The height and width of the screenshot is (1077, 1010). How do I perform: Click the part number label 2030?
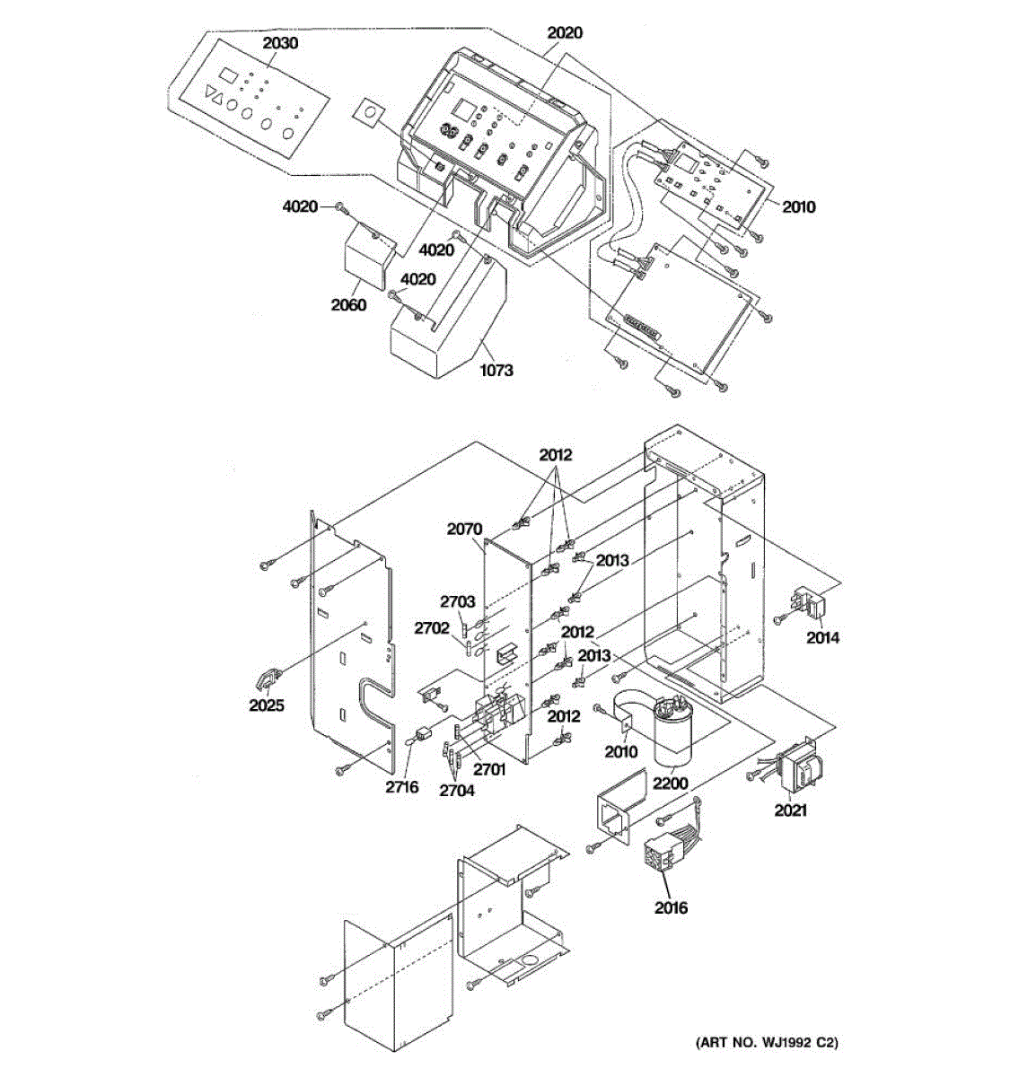coord(280,43)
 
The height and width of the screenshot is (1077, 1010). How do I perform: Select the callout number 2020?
coord(565,33)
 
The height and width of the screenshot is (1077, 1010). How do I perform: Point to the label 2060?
coord(348,305)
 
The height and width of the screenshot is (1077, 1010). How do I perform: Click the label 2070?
coord(464,530)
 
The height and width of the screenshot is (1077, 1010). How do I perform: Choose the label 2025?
coord(267,705)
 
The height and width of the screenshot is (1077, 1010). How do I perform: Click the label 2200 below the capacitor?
coord(670,784)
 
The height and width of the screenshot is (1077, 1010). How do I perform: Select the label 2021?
coord(790,810)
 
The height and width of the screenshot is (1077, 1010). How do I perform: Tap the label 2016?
coord(670,907)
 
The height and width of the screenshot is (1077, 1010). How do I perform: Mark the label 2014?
coord(822,638)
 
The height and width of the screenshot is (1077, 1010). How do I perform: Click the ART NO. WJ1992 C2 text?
coord(767,1043)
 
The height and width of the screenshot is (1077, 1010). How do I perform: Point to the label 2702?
coord(431,629)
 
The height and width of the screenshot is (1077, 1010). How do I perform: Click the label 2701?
coord(490,768)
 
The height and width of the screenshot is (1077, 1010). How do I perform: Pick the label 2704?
coord(456,791)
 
